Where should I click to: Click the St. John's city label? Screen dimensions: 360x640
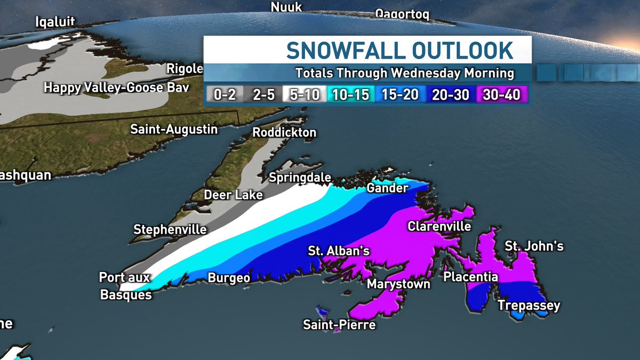[x=534, y=246]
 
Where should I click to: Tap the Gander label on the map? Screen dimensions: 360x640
[x=388, y=188]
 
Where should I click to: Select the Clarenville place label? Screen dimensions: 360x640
[x=439, y=226]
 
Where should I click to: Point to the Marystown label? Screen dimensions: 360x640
[x=398, y=284]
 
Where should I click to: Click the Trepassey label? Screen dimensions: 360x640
[x=529, y=306]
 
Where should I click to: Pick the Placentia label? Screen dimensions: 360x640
[x=471, y=277]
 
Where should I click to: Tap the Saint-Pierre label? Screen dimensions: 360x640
[x=339, y=324]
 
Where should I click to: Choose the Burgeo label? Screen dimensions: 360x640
[x=229, y=277]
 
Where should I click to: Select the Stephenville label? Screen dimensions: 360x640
[x=170, y=230]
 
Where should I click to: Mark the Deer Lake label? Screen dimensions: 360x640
[x=234, y=195]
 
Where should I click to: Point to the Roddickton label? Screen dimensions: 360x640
[x=284, y=132]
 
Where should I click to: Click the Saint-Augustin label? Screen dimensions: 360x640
[x=174, y=129]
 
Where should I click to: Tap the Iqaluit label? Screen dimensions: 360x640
[x=55, y=22]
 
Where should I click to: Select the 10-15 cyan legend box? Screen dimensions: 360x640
[x=349, y=95]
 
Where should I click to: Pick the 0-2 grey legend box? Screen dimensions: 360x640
[x=225, y=95]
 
